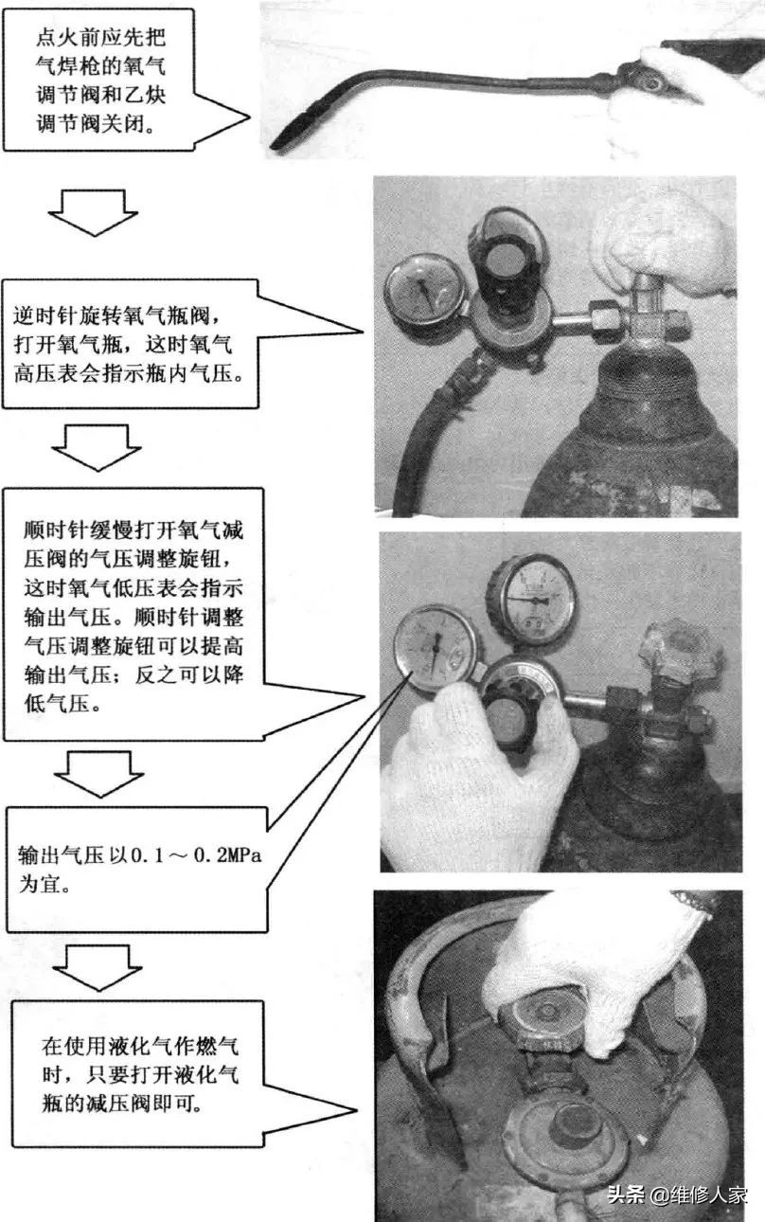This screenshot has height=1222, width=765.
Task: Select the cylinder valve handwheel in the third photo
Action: click(x=680, y=655)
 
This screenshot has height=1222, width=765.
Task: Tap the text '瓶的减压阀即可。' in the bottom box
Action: click(x=127, y=1105)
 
